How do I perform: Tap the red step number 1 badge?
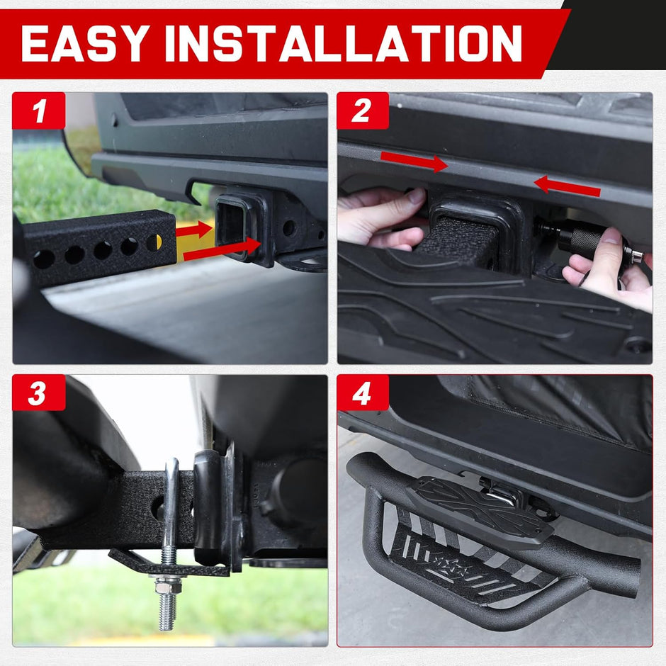[39, 111]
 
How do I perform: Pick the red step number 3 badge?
[39, 393]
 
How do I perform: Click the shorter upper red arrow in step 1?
[194, 230]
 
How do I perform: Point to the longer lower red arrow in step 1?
[221, 249]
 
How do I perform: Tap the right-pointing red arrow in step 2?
[414, 162]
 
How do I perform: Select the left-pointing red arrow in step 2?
[567, 186]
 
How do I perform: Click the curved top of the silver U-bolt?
[171, 471]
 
